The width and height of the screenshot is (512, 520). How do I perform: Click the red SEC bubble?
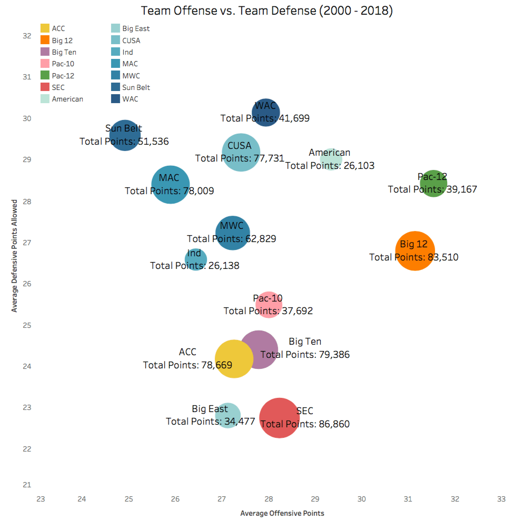280,418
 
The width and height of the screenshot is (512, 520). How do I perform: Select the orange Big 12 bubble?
415,251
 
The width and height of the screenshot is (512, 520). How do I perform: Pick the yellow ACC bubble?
234,359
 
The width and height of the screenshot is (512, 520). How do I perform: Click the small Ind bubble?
195,260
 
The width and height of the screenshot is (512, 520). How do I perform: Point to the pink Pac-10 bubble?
269,305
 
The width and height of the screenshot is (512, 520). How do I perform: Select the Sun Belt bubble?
125,135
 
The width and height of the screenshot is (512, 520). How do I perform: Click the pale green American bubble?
331,159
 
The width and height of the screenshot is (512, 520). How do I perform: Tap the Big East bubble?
228,416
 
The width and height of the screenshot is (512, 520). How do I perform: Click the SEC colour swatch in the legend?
45,87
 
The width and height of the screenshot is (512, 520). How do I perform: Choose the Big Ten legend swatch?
45,52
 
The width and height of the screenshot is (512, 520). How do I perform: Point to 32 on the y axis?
27,36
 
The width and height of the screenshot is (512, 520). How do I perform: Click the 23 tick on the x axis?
41,498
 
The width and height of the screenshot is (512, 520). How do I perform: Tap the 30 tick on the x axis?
362,498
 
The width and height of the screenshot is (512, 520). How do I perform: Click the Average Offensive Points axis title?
282,513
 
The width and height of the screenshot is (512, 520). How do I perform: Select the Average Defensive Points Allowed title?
15,255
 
